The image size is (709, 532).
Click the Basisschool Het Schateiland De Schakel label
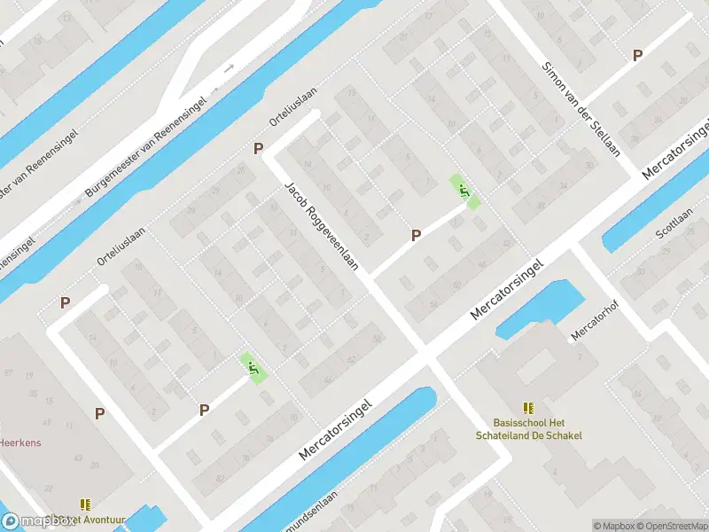pos(529,429)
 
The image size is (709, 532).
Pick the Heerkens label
pos(19,442)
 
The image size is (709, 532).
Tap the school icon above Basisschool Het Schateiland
pos(529,408)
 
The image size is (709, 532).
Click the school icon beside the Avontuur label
pos(85,504)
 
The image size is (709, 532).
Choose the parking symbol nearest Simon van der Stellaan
pos(637,55)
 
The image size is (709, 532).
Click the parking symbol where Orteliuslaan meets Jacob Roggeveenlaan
pos(259,149)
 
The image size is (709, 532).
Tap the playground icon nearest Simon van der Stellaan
pos(464,189)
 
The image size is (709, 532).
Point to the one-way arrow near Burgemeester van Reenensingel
pos(230,68)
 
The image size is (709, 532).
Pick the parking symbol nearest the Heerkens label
pos(99,412)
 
